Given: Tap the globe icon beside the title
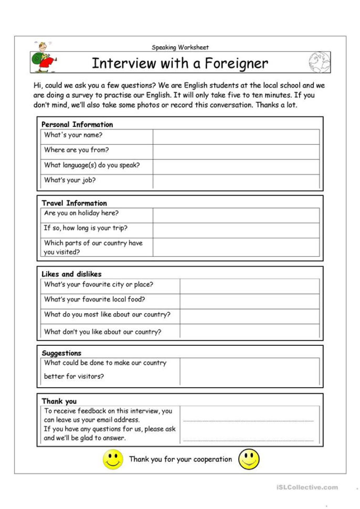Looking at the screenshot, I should tap(320, 62).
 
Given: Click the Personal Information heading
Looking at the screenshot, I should tap(77, 124).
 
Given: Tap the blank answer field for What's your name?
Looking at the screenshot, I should tap(236, 136).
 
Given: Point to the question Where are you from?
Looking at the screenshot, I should tap(77, 150).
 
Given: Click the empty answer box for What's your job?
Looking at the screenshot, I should tap(236, 181).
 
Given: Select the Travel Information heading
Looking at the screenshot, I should tap(74, 203).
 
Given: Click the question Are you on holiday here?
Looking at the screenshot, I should tap(81, 213).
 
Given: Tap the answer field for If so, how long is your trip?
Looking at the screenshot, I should tap(236, 230).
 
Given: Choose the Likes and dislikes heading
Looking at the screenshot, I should tap(71, 274).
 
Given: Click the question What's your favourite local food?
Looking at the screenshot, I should tap(94, 300).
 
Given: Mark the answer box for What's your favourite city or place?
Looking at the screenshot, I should tap(249, 286).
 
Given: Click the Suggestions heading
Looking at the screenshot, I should tap(61, 353).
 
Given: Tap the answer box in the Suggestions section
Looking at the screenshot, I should tap(249, 371).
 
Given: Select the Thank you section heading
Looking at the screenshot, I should tap(59, 401).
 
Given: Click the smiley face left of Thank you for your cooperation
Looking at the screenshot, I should tap(113, 459).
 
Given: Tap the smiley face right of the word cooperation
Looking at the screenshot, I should tap(249, 459).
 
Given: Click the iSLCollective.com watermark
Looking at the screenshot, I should tap(307, 487).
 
